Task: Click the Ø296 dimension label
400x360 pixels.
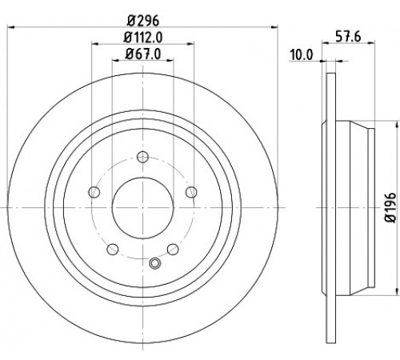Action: (143, 21)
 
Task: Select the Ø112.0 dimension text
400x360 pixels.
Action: (143, 38)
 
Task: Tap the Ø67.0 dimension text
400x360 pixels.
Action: (143, 54)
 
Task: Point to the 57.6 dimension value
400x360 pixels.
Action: (348, 36)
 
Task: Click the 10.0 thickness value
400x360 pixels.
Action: (302, 55)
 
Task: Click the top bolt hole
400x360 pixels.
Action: (143, 157)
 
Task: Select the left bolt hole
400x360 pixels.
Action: (94, 192)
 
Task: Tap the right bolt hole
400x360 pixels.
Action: (191, 192)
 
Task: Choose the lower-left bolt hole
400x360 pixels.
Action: (113, 249)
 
